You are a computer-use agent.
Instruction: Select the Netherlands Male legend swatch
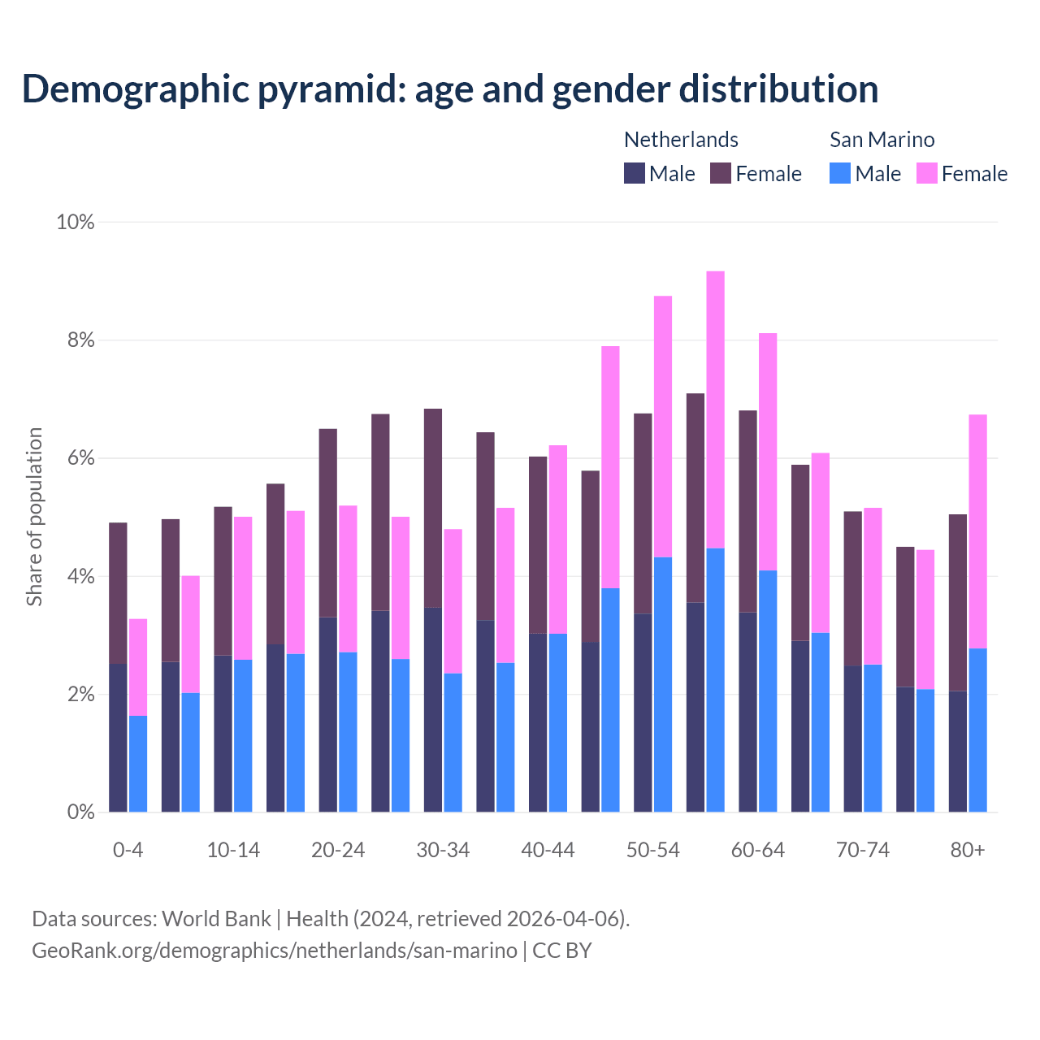click(x=635, y=173)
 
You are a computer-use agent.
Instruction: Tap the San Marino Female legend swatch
click(x=927, y=173)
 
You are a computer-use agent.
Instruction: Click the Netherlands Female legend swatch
click(x=721, y=173)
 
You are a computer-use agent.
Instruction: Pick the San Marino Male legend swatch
click(x=840, y=173)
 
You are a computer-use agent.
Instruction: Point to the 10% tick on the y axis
click(x=76, y=222)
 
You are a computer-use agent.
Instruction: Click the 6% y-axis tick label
click(x=80, y=458)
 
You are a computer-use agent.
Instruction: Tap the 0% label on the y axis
click(x=80, y=812)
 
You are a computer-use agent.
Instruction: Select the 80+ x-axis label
click(x=967, y=850)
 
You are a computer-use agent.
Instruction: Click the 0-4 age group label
click(x=128, y=850)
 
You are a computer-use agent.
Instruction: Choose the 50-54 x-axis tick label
click(x=652, y=850)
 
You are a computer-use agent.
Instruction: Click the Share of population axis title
click(x=34, y=517)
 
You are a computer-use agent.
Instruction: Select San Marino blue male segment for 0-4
click(x=138, y=764)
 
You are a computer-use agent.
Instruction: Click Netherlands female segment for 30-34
click(x=433, y=508)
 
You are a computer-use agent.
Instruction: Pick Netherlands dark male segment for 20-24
click(x=328, y=714)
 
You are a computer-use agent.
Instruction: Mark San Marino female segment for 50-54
click(x=663, y=427)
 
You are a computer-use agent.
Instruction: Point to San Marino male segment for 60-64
click(x=768, y=691)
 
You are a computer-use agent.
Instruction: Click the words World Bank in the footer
click(x=216, y=919)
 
